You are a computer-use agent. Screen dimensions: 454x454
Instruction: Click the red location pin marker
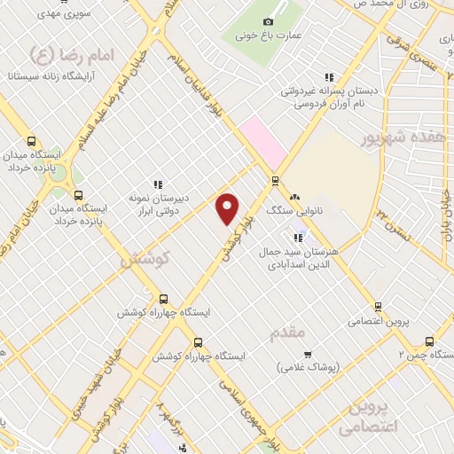(228, 208)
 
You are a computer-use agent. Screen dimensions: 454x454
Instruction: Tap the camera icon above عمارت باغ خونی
(269, 21)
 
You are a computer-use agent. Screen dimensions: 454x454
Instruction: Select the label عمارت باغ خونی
(269, 37)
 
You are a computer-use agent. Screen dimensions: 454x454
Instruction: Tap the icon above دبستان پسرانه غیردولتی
(329, 78)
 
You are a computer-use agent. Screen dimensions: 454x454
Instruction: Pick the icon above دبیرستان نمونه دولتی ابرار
(158, 184)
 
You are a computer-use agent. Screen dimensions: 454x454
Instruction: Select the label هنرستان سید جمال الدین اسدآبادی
(298, 258)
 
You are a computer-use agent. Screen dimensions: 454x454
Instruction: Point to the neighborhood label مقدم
(286, 331)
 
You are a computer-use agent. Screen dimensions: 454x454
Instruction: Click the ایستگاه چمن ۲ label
(427, 355)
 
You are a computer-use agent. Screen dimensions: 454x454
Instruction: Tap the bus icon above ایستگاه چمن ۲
(430, 341)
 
